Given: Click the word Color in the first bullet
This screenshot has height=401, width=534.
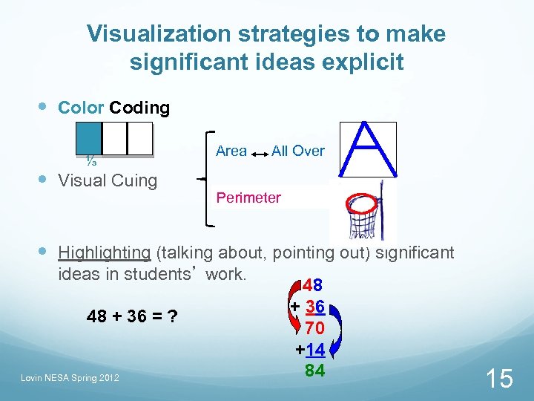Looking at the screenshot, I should (81, 108).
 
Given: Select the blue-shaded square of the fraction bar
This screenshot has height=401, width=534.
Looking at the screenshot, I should (88, 138).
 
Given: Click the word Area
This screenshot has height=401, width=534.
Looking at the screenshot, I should (231, 151).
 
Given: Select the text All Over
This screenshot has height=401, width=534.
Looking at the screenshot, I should (297, 151).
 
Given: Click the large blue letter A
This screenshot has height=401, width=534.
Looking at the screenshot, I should (366, 151).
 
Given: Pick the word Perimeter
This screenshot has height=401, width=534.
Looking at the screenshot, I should (248, 198).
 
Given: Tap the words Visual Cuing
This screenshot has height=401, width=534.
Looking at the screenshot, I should (108, 180).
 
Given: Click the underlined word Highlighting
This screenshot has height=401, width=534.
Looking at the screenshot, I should (105, 252).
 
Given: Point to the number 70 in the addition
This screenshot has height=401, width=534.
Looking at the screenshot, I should (314, 328).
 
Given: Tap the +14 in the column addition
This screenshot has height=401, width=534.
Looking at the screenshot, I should (311, 350).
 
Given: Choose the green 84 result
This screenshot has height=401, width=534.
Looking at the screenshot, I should (314, 370).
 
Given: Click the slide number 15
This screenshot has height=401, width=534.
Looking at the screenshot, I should (498, 379).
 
